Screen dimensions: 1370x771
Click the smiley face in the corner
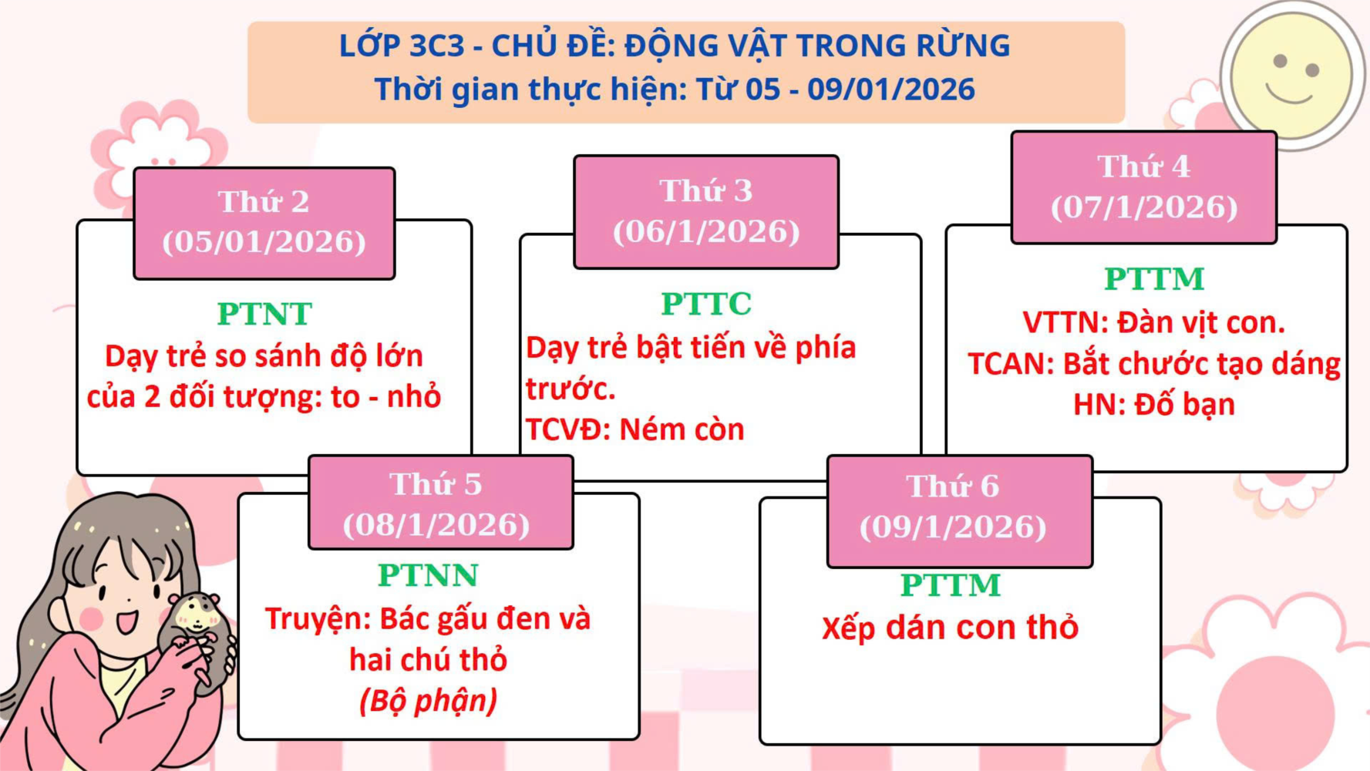coord(1292,76)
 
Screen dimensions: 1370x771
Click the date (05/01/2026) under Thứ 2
coord(264,242)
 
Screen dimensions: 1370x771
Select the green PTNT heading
coord(264,314)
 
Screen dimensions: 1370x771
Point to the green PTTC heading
coord(706,304)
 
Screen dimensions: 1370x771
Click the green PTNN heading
coord(428,575)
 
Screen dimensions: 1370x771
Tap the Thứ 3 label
coord(706,190)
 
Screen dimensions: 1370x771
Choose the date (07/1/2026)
coord(1144,207)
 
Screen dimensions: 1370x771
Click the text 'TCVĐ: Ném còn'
coord(635,429)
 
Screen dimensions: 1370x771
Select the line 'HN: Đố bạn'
coord(1154,404)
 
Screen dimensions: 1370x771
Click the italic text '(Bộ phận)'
coord(428,701)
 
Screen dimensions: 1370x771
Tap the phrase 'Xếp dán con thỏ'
coord(950,628)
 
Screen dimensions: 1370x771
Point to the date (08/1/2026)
coord(436,525)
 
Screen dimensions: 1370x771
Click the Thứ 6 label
coord(953,487)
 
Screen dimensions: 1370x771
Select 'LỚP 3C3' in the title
coord(402,46)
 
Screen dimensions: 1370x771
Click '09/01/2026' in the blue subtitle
coord(891,89)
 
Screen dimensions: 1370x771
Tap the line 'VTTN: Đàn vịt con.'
coord(1154,322)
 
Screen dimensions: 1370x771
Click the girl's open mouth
coord(126,621)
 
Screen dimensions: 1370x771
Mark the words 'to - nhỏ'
coord(386,396)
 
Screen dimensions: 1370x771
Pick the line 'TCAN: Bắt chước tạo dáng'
coord(1154,363)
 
